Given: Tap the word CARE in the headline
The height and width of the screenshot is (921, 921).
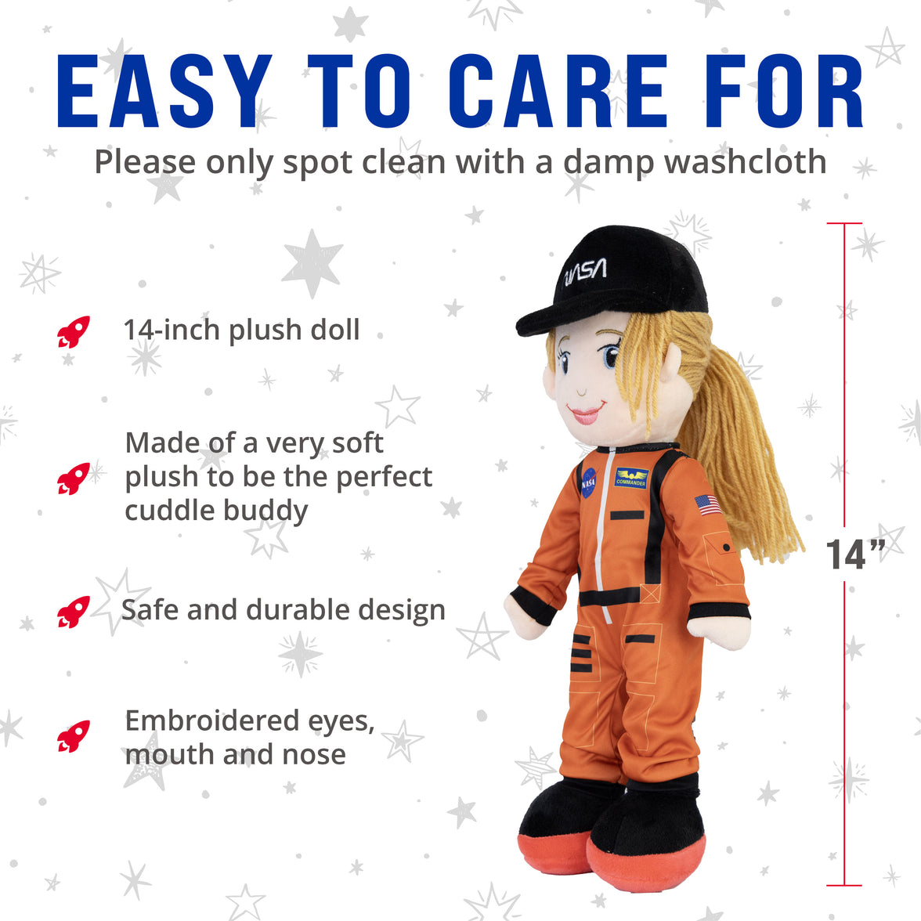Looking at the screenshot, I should point(559,92).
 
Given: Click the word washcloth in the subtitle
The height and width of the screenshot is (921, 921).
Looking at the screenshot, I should point(745,162).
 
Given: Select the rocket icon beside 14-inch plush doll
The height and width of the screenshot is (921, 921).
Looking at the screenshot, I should point(74,332).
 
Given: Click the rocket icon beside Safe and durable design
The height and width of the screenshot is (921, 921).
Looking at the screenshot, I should point(74,612).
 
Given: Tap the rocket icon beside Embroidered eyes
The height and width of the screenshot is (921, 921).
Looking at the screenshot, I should point(74,736).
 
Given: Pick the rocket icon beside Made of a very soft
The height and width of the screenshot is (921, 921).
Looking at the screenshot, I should point(74,478).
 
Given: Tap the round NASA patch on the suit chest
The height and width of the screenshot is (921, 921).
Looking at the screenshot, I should point(588,483).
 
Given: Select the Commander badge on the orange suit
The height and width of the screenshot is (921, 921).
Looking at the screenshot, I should point(631,478).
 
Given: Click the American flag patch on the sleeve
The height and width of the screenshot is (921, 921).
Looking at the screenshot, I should point(708,505).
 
